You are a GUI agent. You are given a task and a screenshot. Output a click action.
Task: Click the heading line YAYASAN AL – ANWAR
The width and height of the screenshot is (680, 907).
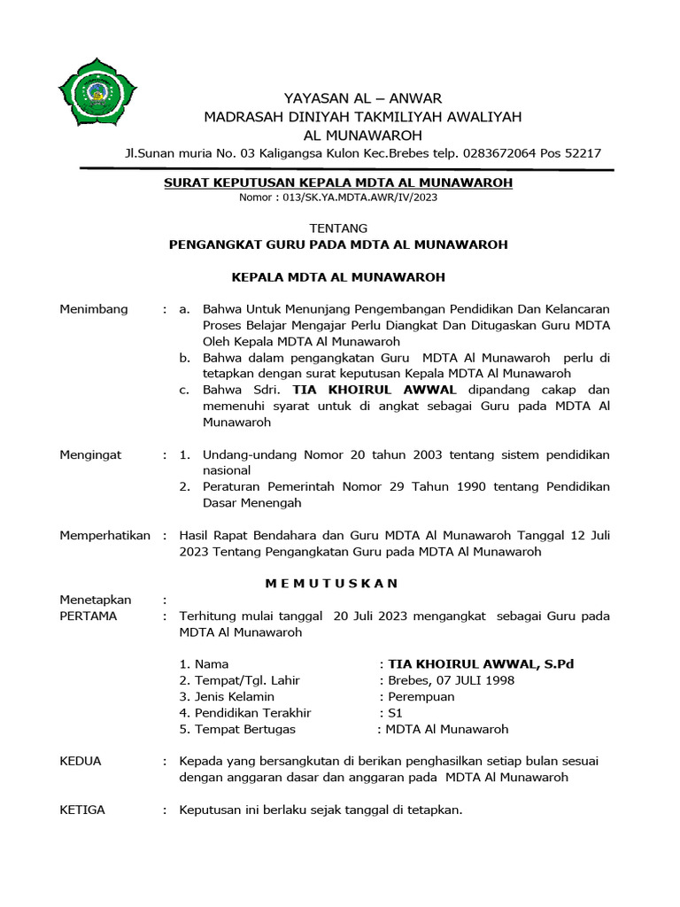pyautogui.click(x=362, y=97)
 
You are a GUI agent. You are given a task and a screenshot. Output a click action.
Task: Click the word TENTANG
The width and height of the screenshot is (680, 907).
pyautogui.click(x=338, y=228)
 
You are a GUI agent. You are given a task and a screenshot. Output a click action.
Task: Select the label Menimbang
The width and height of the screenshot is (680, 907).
pyautogui.click(x=94, y=309)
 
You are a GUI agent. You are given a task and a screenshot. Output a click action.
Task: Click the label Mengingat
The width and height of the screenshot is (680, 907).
pyautogui.click(x=90, y=454)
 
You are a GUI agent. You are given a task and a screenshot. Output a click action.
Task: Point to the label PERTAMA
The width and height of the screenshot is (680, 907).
pyautogui.click(x=88, y=616)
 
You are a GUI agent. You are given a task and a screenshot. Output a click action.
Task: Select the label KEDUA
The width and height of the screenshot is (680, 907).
pyautogui.click(x=80, y=761)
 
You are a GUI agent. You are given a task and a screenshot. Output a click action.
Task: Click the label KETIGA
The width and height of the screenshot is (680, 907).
pyautogui.click(x=81, y=810)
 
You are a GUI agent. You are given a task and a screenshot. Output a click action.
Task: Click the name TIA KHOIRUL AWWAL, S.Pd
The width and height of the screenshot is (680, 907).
pyautogui.click(x=482, y=663)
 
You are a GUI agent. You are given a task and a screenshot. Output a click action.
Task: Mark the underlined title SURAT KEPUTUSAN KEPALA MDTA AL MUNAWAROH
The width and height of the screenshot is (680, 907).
pyautogui.click(x=338, y=182)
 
